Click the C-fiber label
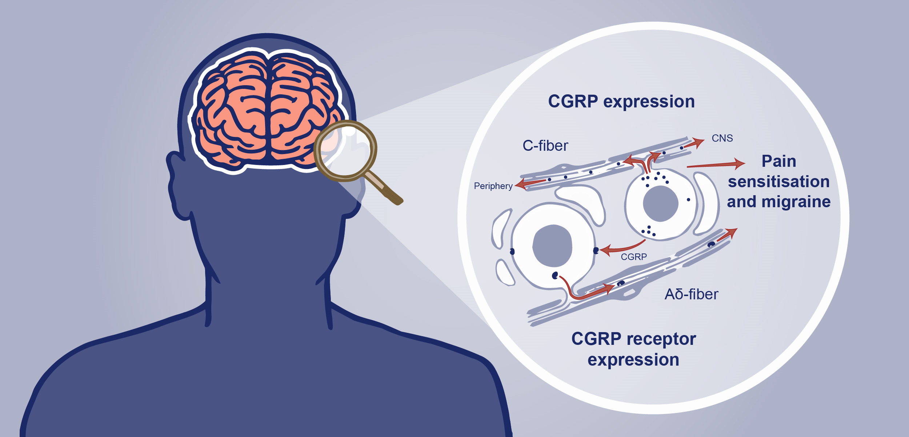(x=545, y=146)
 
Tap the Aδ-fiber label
(x=691, y=294)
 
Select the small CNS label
(x=722, y=138)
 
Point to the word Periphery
(x=493, y=186)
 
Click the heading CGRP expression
(x=621, y=101)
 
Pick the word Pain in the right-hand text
(x=779, y=161)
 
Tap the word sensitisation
(x=779, y=181)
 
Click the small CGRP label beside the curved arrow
(x=634, y=257)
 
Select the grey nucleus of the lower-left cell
(x=552, y=246)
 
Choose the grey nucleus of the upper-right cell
(x=660, y=204)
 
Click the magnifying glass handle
(x=384, y=188)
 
